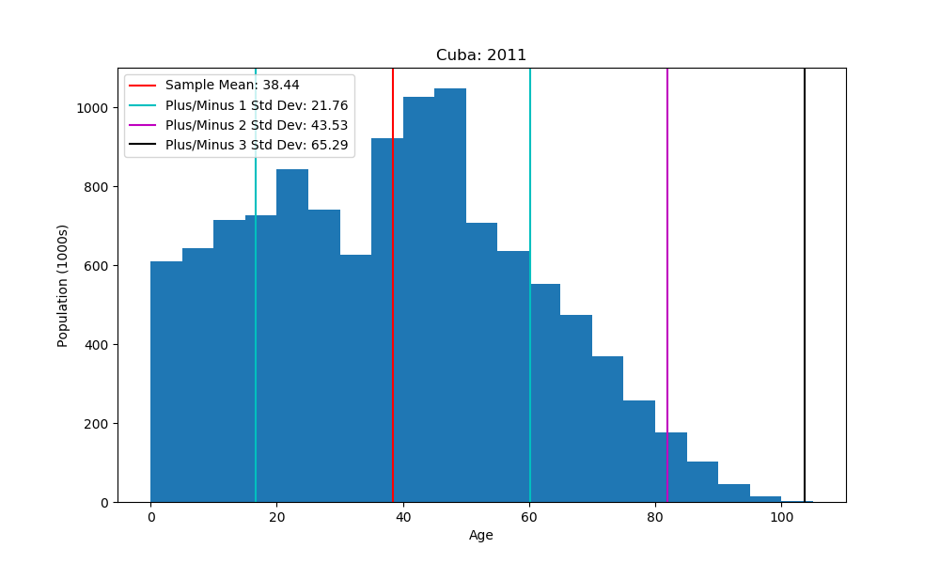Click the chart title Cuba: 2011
[x=480, y=55]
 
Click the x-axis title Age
[x=480, y=536]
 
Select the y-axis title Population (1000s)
[x=63, y=285]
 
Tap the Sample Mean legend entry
[x=231, y=86]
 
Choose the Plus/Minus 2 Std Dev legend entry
[x=256, y=125]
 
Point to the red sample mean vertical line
[x=393, y=282]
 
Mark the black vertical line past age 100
[x=805, y=282]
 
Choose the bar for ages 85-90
[x=702, y=483]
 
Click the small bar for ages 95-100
[x=765, y=499]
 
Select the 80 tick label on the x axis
[x=655, y=516]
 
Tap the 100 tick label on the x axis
[x=781, y=516]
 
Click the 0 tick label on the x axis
[x=150, y=516]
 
